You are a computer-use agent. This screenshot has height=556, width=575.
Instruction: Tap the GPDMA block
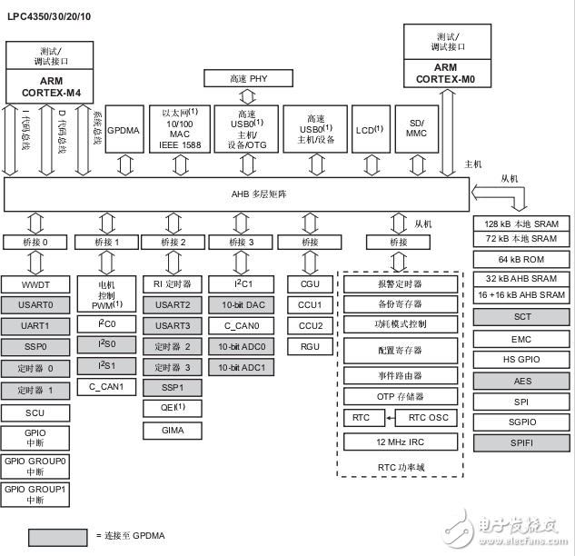pyautogui.click(x=122, y=131)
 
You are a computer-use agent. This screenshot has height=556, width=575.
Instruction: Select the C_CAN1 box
pyautogui.click(x=106, y=386)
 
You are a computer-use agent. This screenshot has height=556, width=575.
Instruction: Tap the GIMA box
pyautogui.click(x=173, y=428)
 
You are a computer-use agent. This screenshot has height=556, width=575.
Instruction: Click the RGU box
pyautogui.click(x=310, y=345)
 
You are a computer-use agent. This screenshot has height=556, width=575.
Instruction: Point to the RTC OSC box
pyautogui.click(x=427, y=418)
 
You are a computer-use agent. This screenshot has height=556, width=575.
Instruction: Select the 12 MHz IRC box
pyautogui.click(x=398, y=442)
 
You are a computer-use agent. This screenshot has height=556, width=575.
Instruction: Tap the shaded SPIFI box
pyautogui.click(x=520, y=442)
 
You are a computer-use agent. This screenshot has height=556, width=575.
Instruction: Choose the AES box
pyautogui.click(x=520, y=381)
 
